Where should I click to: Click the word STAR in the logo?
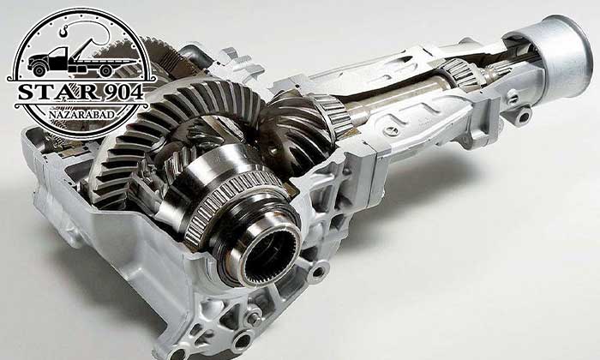click(48, 93)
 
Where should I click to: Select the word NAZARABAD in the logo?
click(82, 115)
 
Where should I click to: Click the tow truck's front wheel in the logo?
click(39, 70)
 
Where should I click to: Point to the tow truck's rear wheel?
click(106, 70)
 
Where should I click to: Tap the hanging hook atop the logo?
click(63, 30)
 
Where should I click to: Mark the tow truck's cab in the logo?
click(57, 58)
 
